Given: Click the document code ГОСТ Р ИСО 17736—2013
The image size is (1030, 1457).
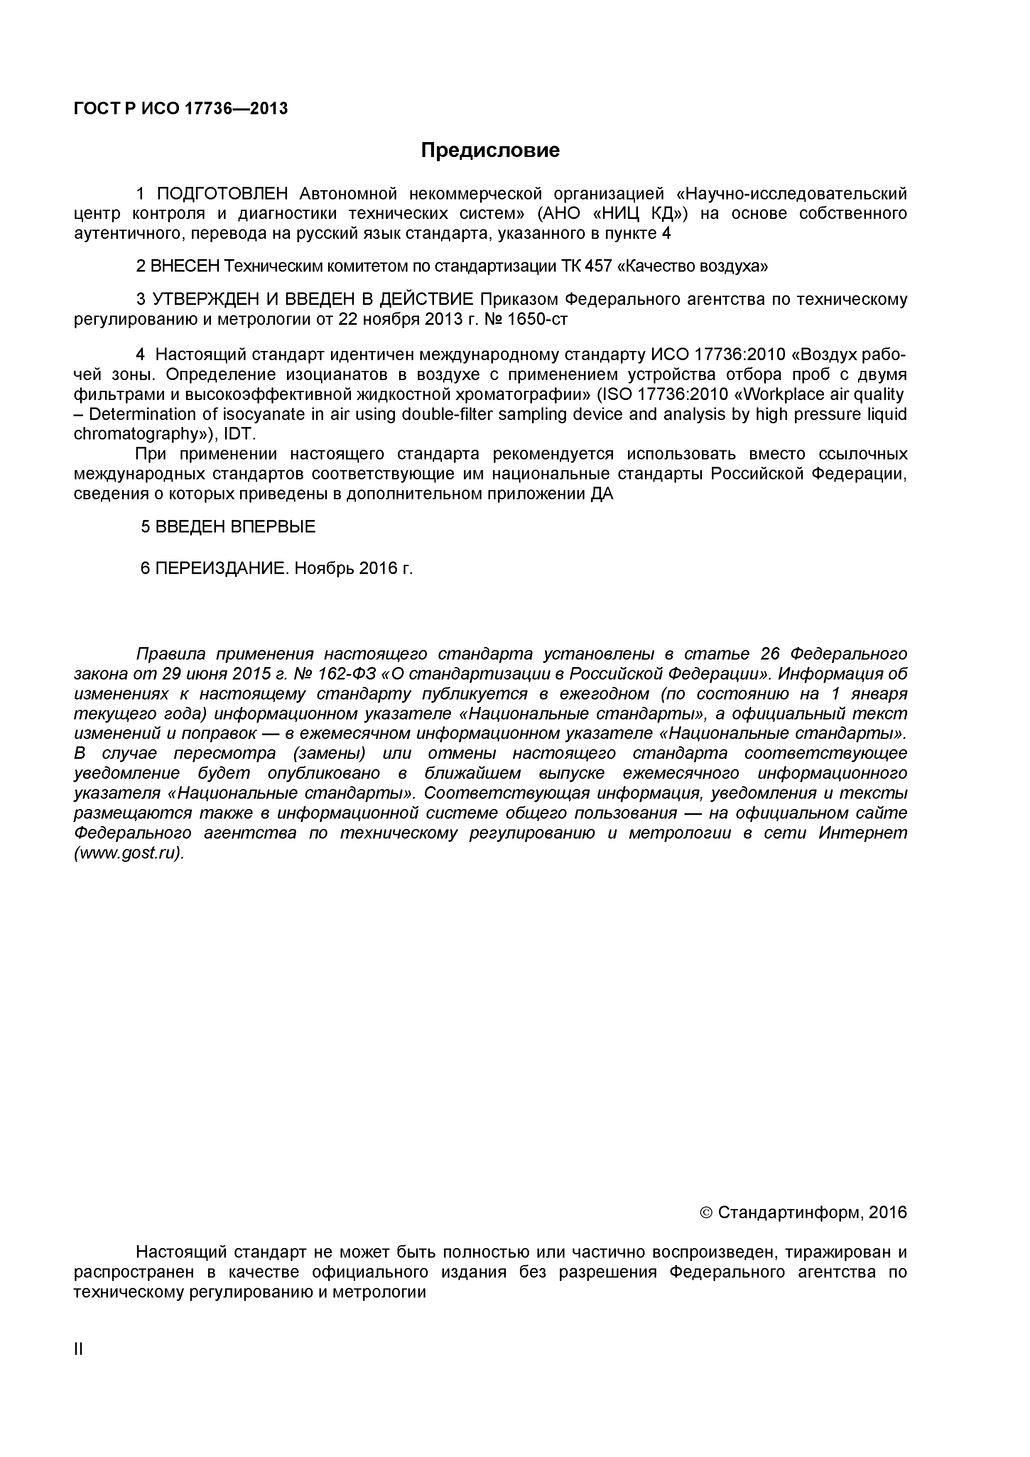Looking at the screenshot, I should point(181,109).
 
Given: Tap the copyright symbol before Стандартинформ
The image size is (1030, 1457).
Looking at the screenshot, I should point(706,1213).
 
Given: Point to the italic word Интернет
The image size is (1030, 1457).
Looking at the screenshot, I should point(863,833).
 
